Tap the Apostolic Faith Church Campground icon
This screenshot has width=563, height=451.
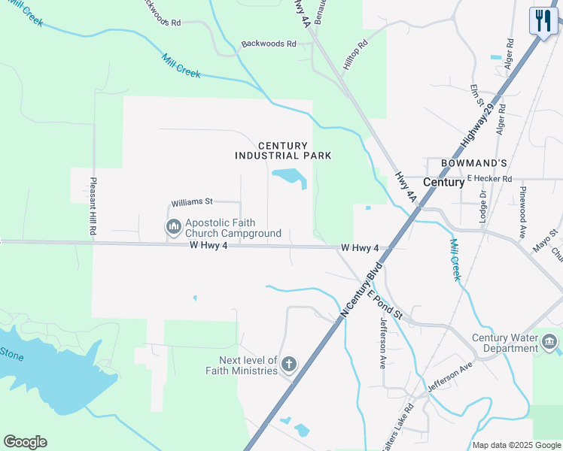(174, 225)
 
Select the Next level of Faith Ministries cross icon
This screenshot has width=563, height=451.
(288, 365)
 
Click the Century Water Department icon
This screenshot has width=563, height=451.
(549, 344)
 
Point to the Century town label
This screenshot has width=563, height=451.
(443, 182)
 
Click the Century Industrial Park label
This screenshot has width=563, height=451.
(283, 150)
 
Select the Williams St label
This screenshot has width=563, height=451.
(193, 202)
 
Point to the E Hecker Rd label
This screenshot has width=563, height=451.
(489, 179)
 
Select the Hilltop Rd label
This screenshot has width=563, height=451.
(356, 55)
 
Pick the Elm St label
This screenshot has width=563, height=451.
(475, 96)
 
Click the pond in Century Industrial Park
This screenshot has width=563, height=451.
(289, 177)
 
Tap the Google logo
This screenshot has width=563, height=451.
(25, 442)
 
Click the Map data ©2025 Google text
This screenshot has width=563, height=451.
(517, 445)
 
